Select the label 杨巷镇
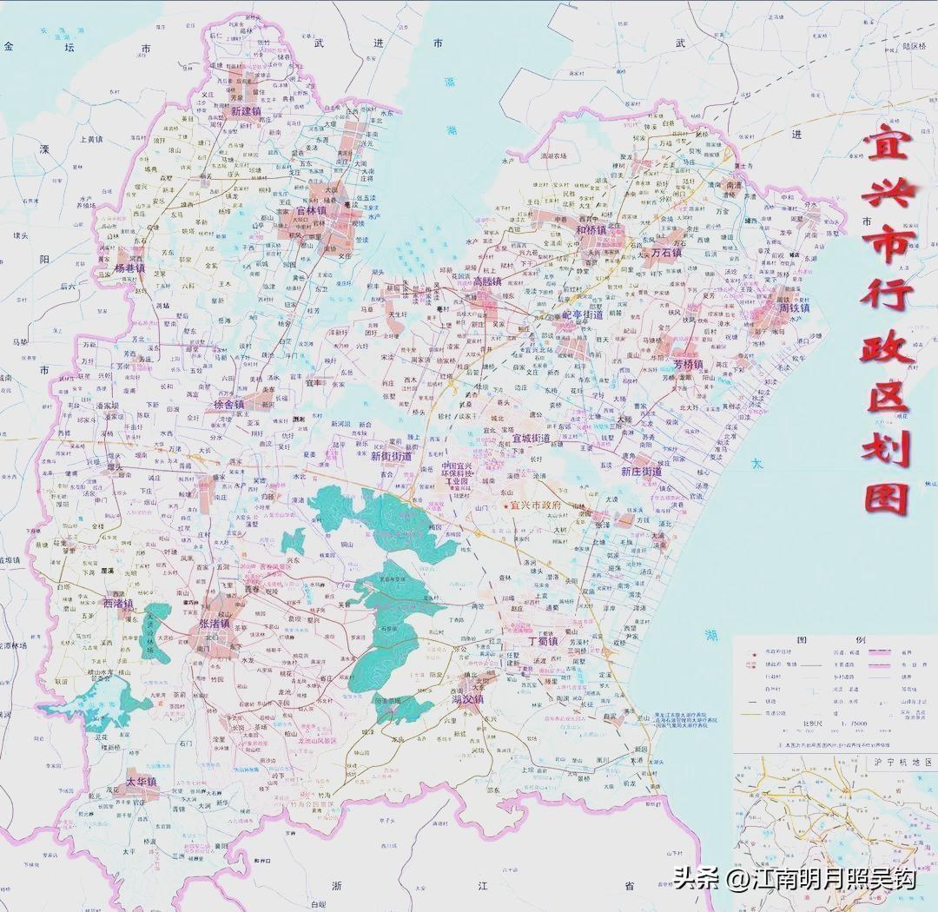click(130, 268)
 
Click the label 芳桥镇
click(686, 364)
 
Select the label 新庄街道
click(641, 472)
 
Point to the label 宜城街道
click(533, 439)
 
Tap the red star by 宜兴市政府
click(506, 505)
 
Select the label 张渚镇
click(209, 624)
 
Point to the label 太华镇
click(142, 781)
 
